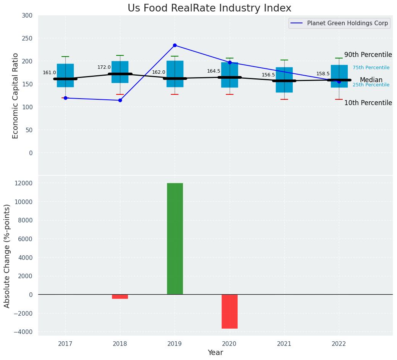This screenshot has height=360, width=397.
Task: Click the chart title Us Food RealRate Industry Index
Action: (209, 8)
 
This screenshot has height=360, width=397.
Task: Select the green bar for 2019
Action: (175, 238)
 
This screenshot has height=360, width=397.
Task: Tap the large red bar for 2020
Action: (230, 311)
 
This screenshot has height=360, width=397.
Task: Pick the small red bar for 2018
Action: (120, 296)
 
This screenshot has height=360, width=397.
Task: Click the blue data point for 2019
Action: (175, 45)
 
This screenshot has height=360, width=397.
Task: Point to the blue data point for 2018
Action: (120, 100)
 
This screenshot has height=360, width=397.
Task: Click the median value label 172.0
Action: (104, 67)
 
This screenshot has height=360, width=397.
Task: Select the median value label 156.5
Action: (268, 75)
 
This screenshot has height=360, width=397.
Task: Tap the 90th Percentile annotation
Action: (368, 55)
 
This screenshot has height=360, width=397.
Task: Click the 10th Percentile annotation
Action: (368, 103)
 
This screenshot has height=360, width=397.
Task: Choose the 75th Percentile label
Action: (371, 68)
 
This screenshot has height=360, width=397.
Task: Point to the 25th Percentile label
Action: (371, 85)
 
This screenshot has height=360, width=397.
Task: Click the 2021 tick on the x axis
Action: (284, 344)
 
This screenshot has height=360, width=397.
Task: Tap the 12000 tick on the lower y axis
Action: (24, 183)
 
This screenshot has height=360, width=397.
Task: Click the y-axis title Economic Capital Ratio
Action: (16, 96)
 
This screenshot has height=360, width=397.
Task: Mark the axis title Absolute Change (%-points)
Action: (7, 256)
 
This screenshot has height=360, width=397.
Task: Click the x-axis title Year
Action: (215, 353)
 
